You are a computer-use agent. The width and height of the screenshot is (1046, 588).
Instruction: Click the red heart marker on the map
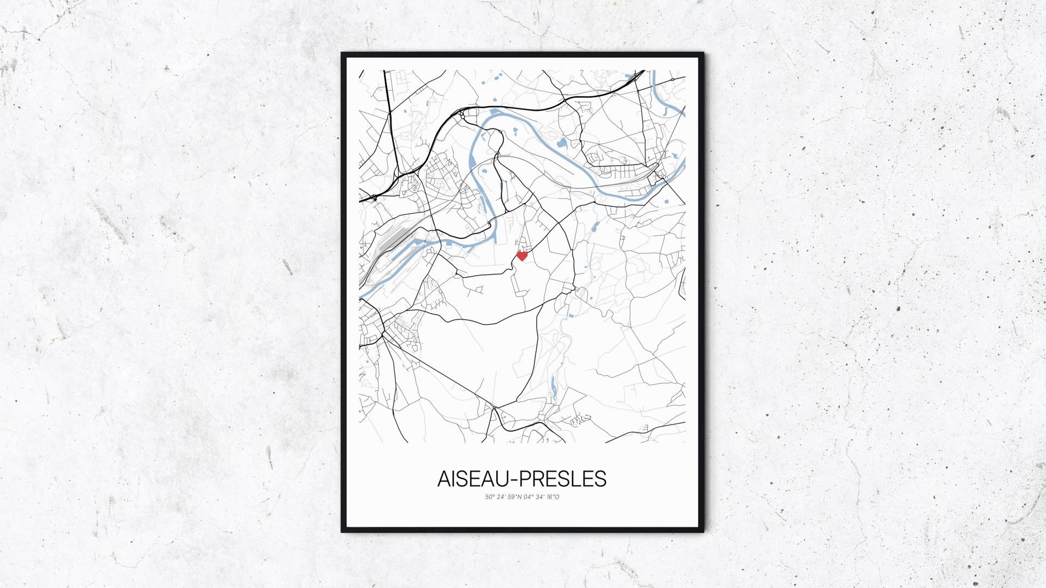tap(522, 256)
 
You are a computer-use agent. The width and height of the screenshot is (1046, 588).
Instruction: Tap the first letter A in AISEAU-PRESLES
tap(444, 479)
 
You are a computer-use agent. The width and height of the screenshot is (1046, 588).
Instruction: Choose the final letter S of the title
tap(600, 479)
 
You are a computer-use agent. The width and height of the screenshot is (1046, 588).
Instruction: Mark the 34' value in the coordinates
tap(541, 497)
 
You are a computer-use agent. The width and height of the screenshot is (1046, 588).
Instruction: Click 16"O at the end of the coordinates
tap(553, 497)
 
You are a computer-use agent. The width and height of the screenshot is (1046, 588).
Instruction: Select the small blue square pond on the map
tap(665, 202)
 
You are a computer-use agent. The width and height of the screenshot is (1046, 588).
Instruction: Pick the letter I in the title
tap(454, 479)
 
